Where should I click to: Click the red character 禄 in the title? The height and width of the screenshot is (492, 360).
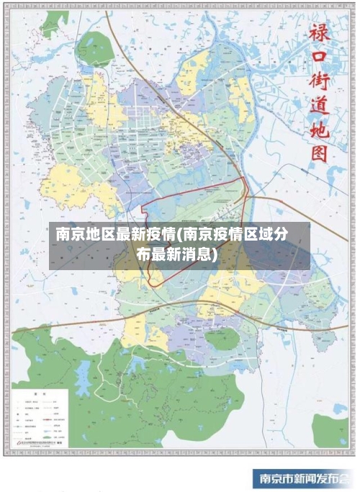pos(318,32)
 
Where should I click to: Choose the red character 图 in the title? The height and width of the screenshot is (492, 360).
pos(318,153)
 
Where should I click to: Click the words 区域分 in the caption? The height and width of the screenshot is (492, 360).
pos(269,235)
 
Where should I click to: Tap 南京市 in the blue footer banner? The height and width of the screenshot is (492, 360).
pos(276,479)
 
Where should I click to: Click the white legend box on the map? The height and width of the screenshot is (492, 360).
pos(40,418)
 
